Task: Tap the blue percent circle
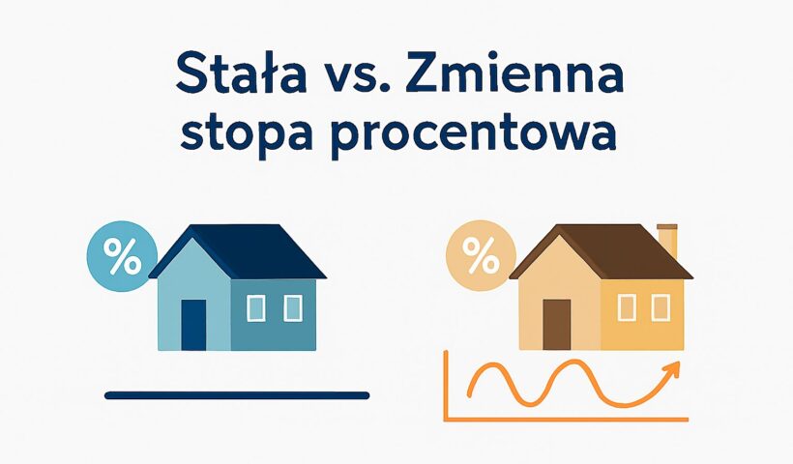(122, 256)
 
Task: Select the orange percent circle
(481, 255)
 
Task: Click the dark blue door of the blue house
(193, 325)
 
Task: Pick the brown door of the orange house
(557, 324)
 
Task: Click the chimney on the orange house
(667, 241)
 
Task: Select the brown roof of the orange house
(607, 251)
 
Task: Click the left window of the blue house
(256, 308)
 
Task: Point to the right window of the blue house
(293, 308)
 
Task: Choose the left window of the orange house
(627, 307)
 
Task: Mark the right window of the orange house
(661, 307)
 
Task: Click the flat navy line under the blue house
(237, 395)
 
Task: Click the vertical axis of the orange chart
(446, 385)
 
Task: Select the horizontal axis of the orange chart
(566, 419)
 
